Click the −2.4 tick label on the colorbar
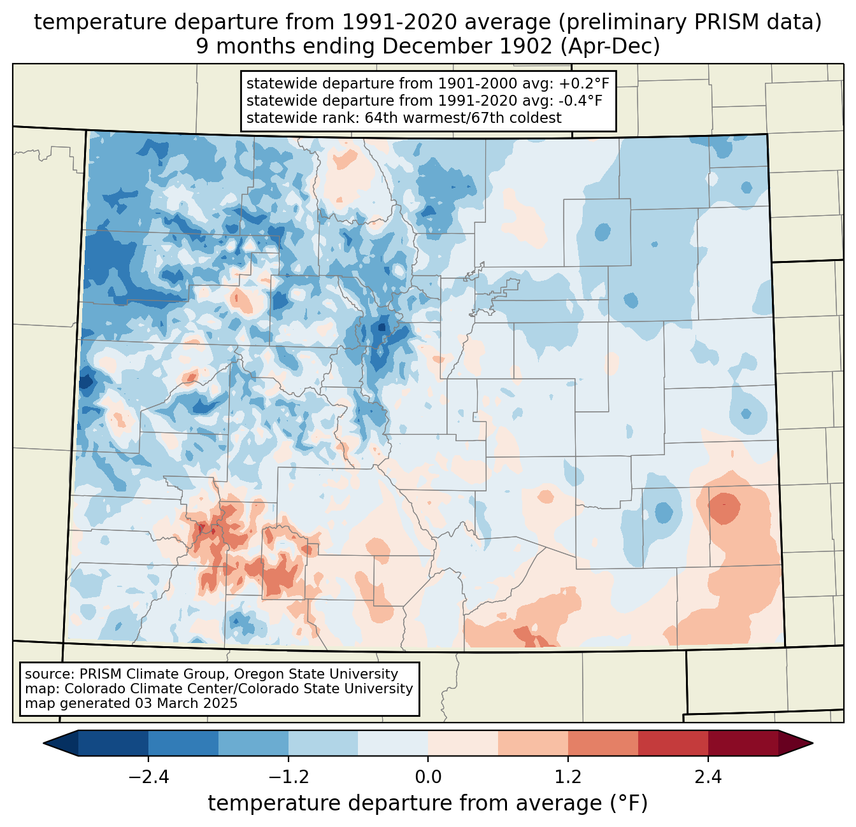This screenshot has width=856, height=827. click(148, 777)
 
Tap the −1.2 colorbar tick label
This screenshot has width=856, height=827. click(288, 777)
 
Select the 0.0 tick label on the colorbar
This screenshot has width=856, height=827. click(428, 777)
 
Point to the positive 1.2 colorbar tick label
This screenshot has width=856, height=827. click(568, 777)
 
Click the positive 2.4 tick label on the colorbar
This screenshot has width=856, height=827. click(708, 777)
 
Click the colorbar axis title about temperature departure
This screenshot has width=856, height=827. click(427, 803)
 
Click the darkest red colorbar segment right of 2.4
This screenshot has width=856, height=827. click(743, 743)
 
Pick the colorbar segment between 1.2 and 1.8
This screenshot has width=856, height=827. click(603, 743)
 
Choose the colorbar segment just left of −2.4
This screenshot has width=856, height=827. click(113, 743)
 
